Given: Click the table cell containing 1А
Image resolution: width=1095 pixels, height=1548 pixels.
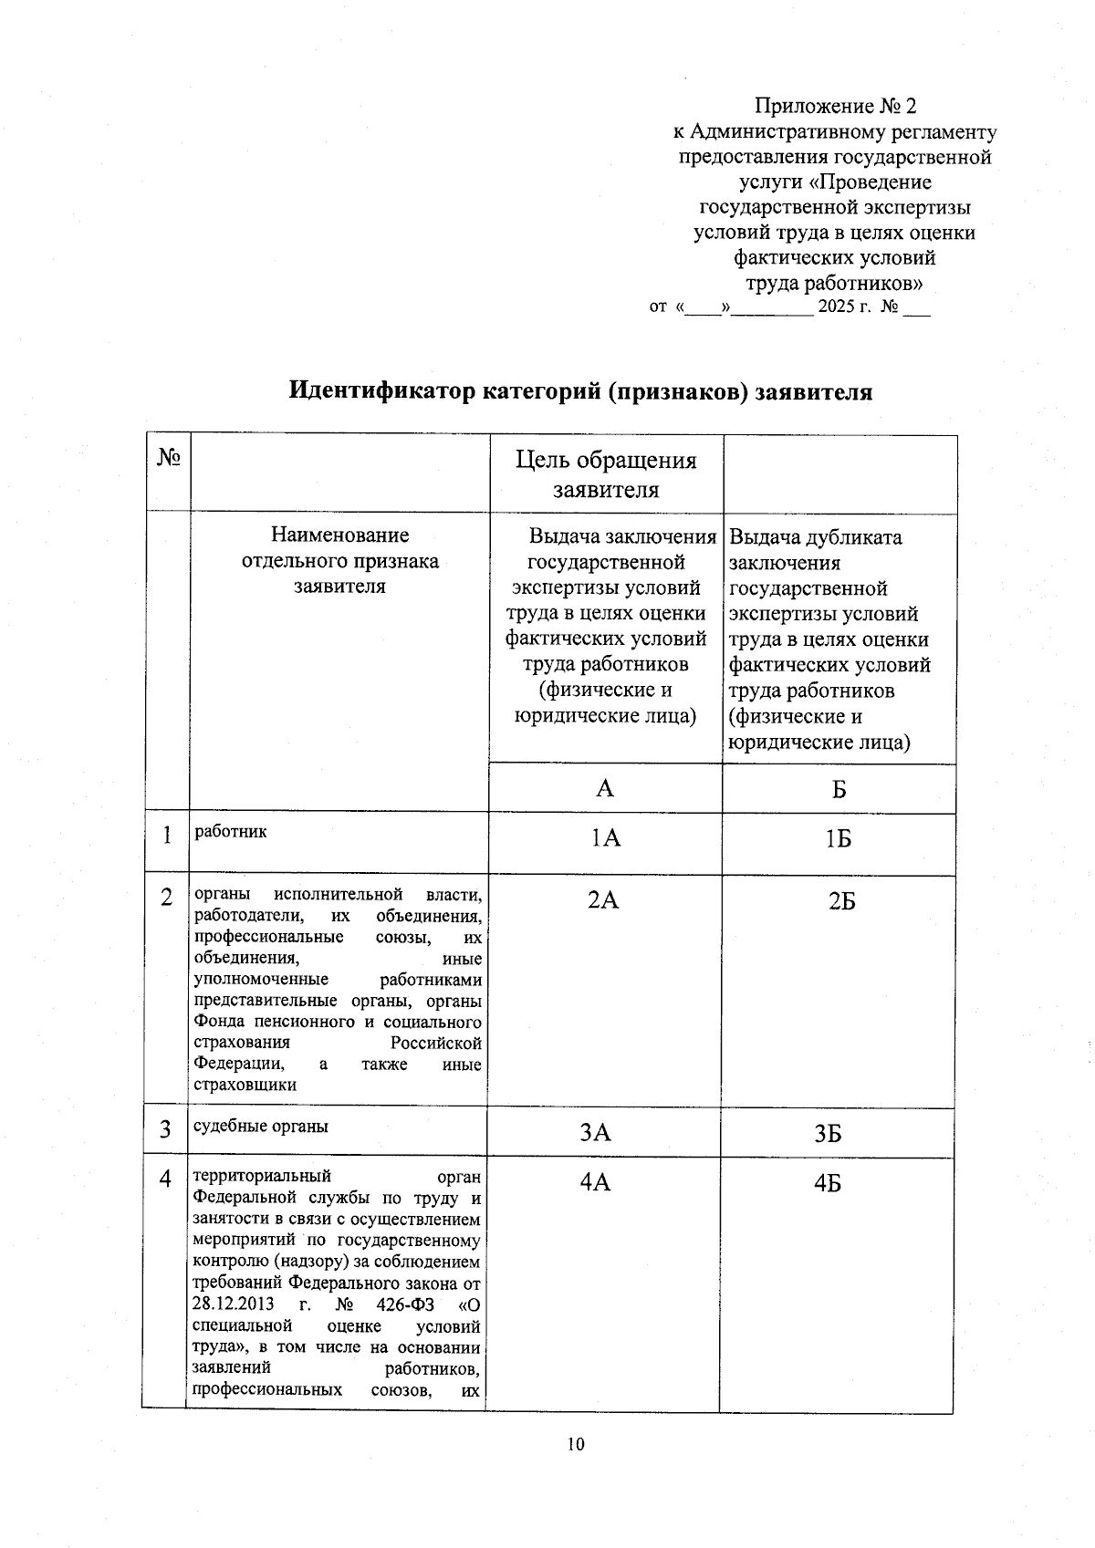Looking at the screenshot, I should (606, 838).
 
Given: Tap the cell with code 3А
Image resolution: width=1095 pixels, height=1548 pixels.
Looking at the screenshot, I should (596, 1133).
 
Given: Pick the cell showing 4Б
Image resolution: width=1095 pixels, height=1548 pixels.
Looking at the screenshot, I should (828, 1184).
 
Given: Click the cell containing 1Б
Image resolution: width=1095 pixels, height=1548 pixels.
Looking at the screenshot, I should (839, 838).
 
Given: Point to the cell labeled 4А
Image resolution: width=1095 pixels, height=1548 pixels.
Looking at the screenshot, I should (595, 1183).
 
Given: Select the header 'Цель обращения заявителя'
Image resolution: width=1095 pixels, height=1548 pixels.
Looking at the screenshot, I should (606, 474).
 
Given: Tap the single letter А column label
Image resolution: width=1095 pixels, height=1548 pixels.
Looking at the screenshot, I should (605, 789).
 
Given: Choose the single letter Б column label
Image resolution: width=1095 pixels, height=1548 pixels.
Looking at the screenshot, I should (839, 789).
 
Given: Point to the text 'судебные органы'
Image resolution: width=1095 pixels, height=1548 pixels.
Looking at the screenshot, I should (261, 1127).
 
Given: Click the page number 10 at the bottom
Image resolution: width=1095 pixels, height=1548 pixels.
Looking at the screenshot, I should (575, 1444).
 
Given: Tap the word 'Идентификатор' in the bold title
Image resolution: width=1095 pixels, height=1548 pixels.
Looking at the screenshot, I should (382, 392).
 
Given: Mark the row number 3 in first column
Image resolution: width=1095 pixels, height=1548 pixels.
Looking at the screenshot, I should (166, 1130).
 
